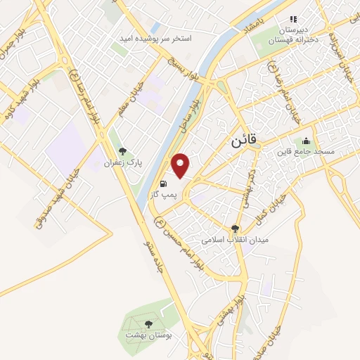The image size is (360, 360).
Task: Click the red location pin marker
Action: point(181,165)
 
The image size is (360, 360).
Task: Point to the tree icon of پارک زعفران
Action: point(123,150)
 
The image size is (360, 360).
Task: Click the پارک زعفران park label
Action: point(123,162)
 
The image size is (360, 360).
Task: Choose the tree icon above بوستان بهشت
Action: point(148,324)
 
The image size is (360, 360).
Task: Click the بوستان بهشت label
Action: point(148,335)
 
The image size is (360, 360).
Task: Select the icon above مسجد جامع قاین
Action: point(306,141)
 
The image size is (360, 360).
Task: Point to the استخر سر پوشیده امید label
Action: point(165,37)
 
